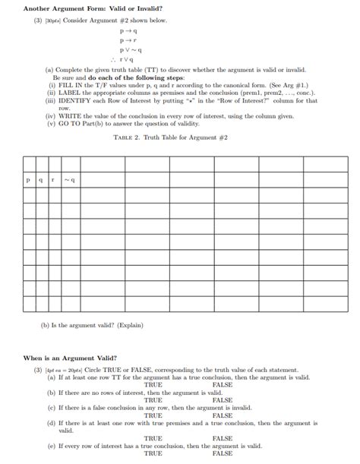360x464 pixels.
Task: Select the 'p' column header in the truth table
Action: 28,179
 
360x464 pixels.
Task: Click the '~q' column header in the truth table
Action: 69,179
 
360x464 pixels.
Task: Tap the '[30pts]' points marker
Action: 44,21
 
